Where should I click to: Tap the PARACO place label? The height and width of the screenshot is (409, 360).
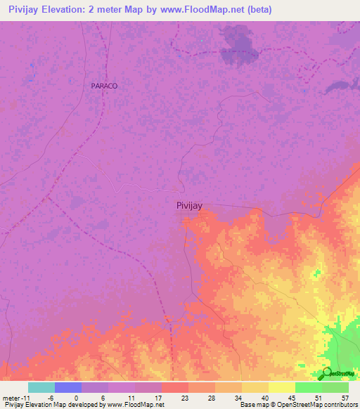[104, 85]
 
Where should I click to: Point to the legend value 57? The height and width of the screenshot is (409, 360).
[344, 397]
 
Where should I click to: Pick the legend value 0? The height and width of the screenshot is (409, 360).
[77, 397]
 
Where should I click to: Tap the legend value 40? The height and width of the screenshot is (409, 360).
[264, 397]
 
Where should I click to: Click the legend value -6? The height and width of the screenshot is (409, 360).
[51, 397]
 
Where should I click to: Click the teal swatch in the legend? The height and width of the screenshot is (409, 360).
[41, 387]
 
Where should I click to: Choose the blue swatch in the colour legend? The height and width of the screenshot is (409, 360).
[68, 387]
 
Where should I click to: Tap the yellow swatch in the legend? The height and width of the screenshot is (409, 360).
[282, 387]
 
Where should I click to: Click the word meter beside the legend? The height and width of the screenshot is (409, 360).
[13, 397]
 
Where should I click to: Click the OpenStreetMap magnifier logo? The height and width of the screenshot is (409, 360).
[327, 373]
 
